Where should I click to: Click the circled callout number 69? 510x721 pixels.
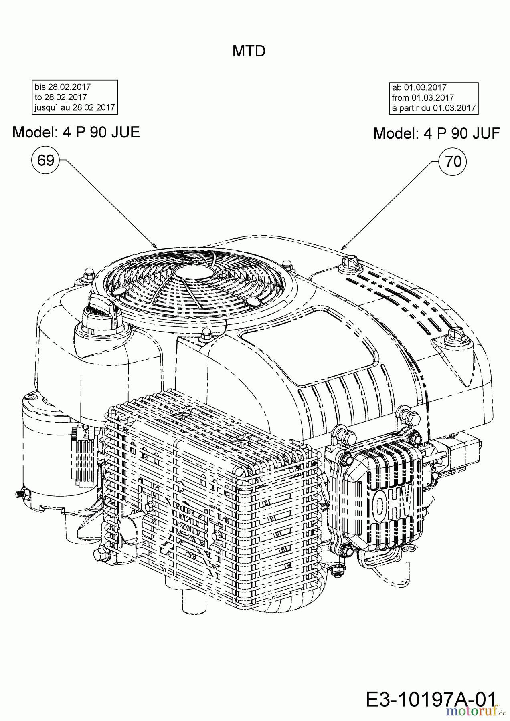45,161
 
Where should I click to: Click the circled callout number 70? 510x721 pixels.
453,162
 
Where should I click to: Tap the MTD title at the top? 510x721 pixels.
249,51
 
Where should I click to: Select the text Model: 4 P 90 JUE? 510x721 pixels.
76,132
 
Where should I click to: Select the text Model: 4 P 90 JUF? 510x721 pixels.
437,133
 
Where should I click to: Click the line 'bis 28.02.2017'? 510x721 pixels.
63,87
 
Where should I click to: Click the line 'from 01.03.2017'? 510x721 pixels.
423,97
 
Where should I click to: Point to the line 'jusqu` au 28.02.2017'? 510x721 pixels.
75,107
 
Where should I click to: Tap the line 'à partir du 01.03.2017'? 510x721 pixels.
433,108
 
